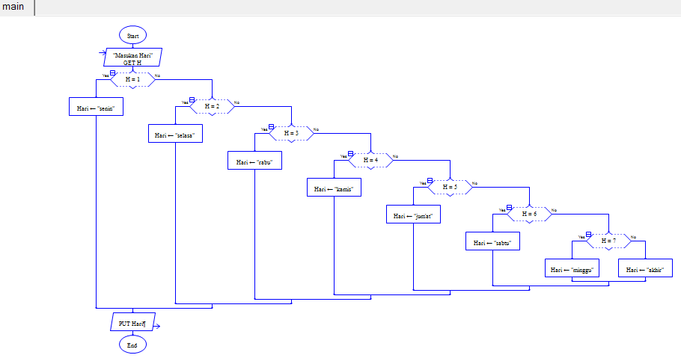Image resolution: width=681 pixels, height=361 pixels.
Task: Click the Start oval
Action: coord(132,35)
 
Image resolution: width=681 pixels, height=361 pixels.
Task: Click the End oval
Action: coord(132,345)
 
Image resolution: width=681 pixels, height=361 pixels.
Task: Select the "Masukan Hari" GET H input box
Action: coord(132,58)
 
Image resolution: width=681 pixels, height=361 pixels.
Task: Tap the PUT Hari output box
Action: coord(132,324)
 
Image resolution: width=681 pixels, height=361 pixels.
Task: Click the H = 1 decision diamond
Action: coord(132,79)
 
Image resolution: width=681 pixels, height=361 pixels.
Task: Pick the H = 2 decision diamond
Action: coord(213,106)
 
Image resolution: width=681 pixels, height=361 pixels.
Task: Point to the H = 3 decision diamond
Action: coord(292,133)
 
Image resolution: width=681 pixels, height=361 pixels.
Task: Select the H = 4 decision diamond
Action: coord(371,160)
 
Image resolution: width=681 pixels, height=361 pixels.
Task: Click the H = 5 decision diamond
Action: coord(451,187)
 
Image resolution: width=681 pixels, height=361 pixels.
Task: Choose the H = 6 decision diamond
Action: coord(530,214)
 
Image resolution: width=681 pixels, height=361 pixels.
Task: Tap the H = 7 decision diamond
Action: coord(609,241)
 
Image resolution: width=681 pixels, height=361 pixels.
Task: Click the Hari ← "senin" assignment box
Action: coord(96,108)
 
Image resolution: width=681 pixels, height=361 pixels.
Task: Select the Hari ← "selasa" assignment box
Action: coord(175,135)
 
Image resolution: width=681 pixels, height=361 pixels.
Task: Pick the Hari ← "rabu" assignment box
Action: coord(254,161)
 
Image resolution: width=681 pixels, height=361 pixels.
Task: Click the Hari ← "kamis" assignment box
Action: coord(334,188)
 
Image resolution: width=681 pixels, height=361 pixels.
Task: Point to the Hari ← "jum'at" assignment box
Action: coord(413,215)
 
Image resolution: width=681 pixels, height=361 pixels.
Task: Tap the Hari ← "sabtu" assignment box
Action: coord(492,242)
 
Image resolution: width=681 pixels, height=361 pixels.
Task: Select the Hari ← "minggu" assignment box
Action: coord(572,269)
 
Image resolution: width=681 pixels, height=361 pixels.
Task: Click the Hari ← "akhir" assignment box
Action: coord(645,269)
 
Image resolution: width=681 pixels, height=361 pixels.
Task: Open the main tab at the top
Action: coord(13,7)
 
